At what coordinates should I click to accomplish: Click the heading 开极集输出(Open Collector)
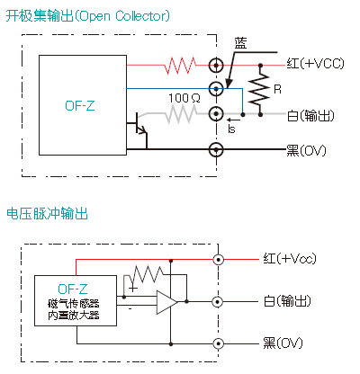(87, 16)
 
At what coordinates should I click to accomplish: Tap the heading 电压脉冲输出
(47, 214)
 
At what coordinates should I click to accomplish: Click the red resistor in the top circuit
(180, 66)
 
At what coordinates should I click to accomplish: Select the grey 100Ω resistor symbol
(181, 114)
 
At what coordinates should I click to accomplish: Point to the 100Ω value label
(184, 98)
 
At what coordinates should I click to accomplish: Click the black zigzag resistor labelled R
(260, 89)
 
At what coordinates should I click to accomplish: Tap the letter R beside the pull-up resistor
(277, 89)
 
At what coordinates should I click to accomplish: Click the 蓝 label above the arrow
(241, 43)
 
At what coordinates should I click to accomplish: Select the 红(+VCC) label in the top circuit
(315, 64)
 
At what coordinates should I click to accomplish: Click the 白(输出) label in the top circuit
(310, 116)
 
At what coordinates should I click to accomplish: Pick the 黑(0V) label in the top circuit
(306, 150)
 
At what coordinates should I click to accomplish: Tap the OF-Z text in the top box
(80, 106)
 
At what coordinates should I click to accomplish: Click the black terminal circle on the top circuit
(216, 149)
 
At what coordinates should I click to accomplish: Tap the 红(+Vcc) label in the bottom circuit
(290, 258)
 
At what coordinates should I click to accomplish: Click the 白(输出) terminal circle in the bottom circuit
(218, 301)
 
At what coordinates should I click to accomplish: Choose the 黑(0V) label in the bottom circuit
(283, 343)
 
